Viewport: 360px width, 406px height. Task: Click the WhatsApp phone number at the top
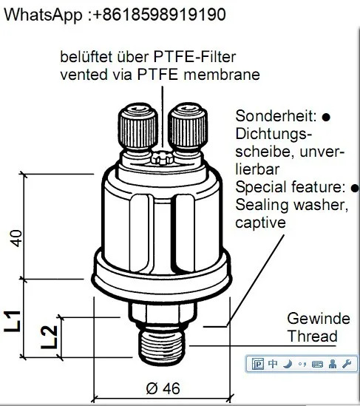point(159,15)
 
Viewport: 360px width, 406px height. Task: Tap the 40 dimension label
point(16,238)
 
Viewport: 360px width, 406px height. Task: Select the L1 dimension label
point(12,321)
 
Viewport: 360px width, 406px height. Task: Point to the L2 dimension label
point(49,337)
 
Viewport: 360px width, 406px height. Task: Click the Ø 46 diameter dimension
point(163,388)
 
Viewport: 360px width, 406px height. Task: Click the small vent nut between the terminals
point(163,158)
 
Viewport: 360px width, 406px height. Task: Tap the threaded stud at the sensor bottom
point(163,345)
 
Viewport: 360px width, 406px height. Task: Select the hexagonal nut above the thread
point(163,313)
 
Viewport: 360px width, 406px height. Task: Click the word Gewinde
point(319,319)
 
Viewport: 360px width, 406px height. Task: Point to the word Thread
point(313,336)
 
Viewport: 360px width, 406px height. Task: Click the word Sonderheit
point(276,116)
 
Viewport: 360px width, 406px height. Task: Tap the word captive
point(260,223)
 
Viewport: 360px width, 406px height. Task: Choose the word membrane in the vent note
point(222,75)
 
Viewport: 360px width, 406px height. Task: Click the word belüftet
point(86,57)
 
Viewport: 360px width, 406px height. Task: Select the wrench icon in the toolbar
point(346,364)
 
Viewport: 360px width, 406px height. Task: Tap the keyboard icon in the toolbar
point(317,365)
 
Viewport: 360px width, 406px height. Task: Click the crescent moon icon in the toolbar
point(288,364)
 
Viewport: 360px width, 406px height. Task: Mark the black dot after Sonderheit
point(326,117)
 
